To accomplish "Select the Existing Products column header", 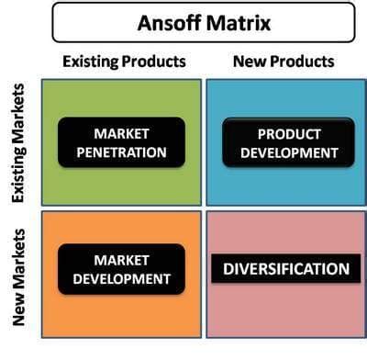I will pos(124,62).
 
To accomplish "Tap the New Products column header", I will pos(285,62).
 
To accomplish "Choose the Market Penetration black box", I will pos(120,141).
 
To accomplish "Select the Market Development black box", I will pos(120,269).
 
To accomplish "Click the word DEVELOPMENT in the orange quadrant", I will pos(120,278).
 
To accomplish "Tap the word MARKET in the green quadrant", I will pos(120,132).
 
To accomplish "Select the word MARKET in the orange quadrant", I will pos(120,260).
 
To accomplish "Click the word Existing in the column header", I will pos(91,62).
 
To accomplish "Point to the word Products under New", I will pos(303,62).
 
